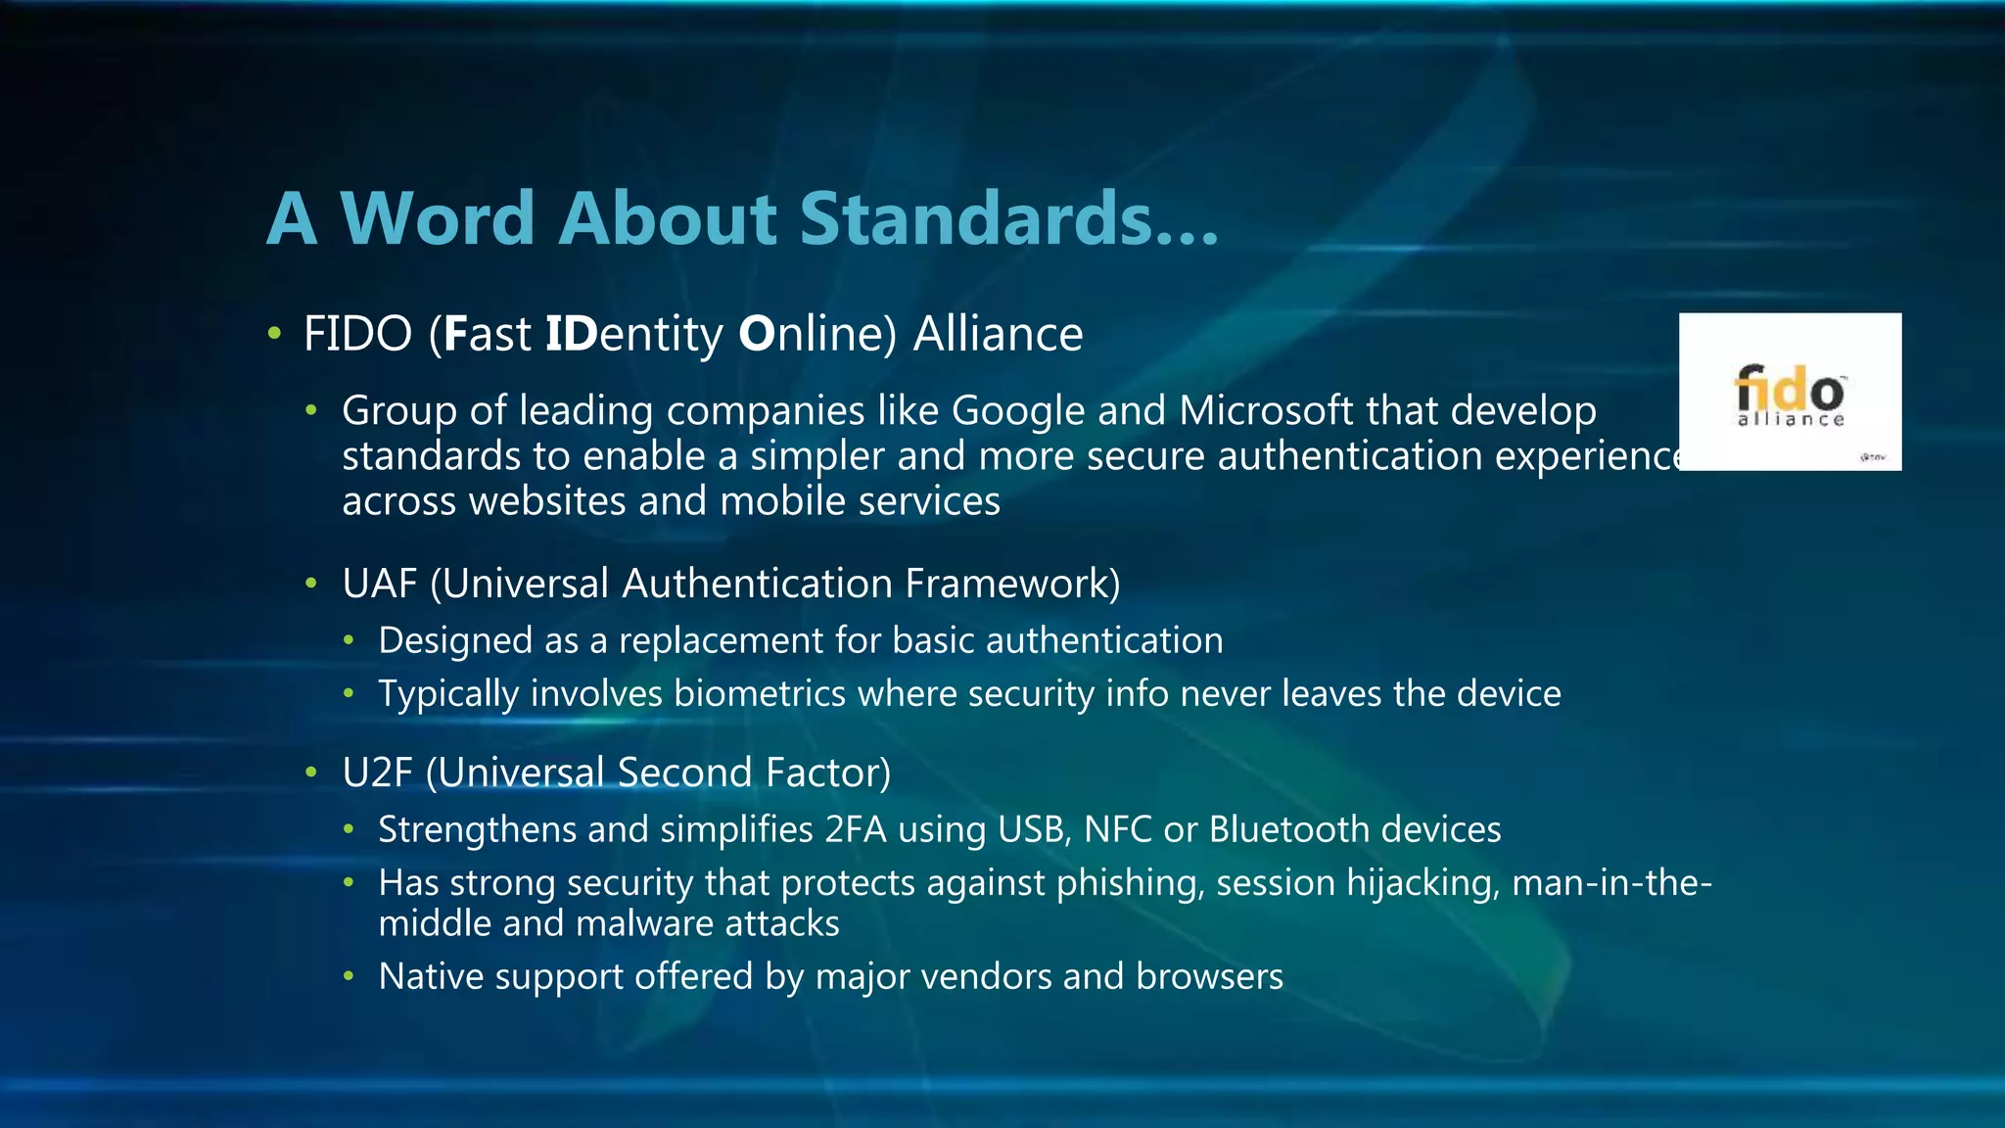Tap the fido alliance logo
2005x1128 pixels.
1790,394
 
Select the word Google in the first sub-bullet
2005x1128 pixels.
1018,411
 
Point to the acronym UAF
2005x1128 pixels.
380,585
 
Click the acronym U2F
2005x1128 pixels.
378,774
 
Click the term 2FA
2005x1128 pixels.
856,830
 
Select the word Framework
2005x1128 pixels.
1012,585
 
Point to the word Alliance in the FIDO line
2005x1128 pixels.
998,335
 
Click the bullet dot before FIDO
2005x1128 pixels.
275,335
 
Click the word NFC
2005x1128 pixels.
1118,830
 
